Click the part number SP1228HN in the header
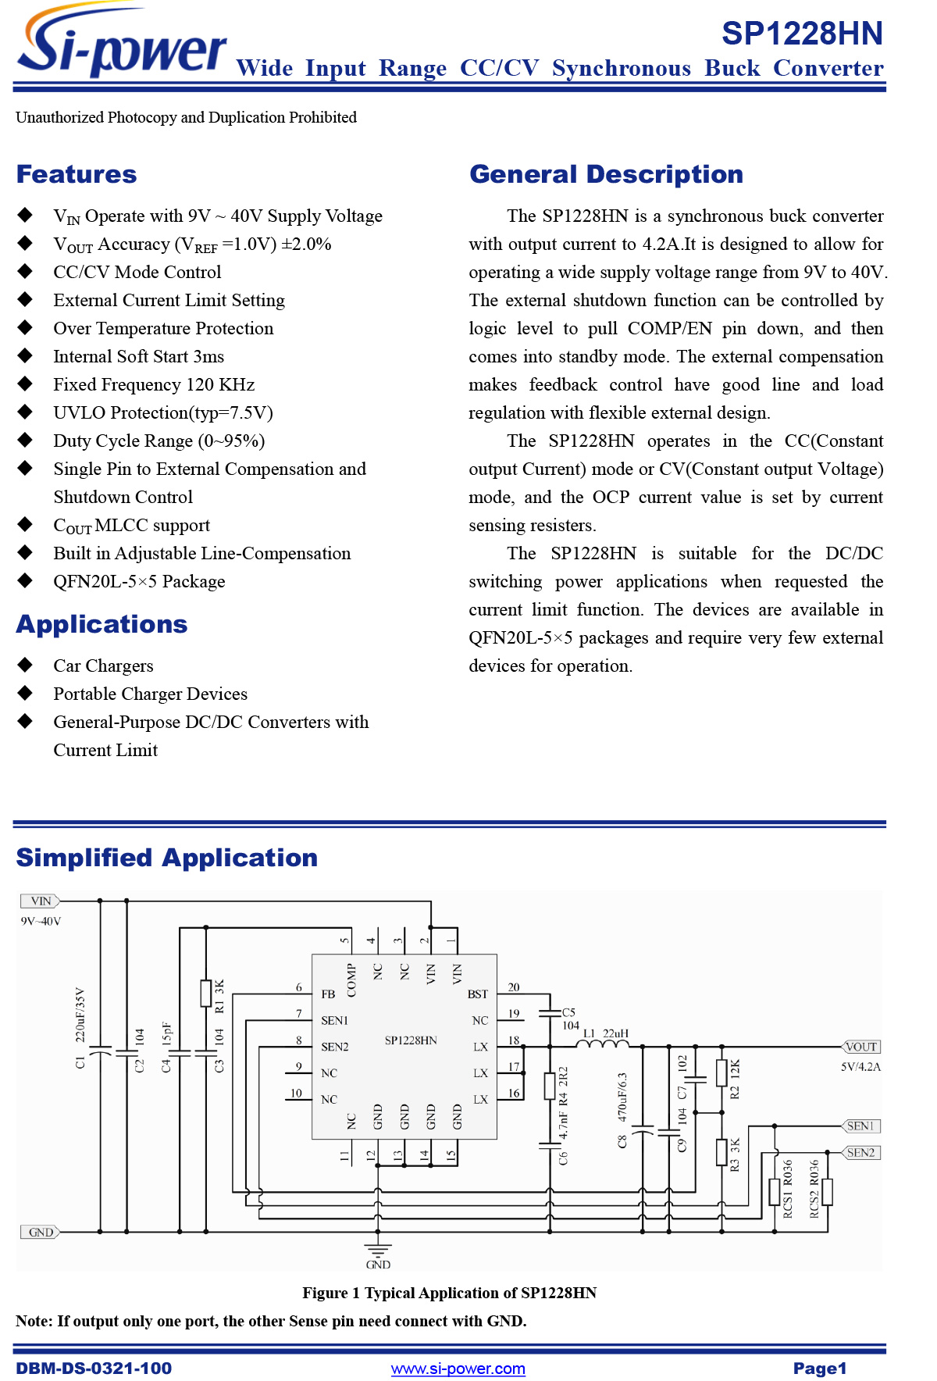pyautogui.click(x=802, y=34)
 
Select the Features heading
pyautogui.click(x=77, y=174)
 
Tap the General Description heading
pyautogui.click(x=606, y=174)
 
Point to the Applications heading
pyautogui.click(x=102, y=624)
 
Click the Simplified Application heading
pyautogui.click(x=166, y=858)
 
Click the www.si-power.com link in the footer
pyautogui.click(x=458, y=1369)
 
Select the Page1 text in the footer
pyautogui.click(x=819, y=1369)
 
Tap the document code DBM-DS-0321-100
pyautogui.click(x=94, y=1369)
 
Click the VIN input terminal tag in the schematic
pyautogui.click(x=40, y=901)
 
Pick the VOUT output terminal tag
pyautogui.click(x=861, y=1047)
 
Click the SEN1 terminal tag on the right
pyautogui.click(x=861, y=1126)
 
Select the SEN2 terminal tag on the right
pyautogui.click(x=861, y=1152)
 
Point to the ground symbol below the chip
pyautogui.click(x=378, y=1248)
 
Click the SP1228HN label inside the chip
pyautogui.click(x=411, y=1040)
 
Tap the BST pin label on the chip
pyautogui.click(x=477, y=994)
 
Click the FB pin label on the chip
pyautogui.click(x=328, y=994)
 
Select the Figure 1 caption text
pyautogui.click(x=449, y=1293)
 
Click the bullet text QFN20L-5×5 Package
pyautogui.click(x=139, y=581)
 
